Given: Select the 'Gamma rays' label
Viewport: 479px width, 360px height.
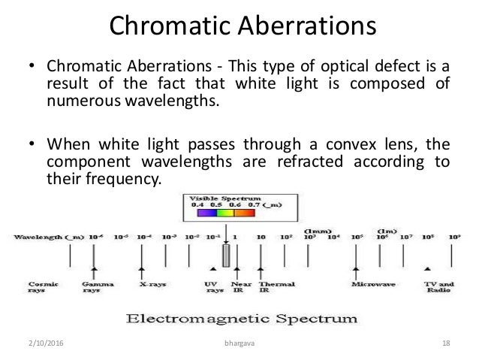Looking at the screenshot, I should point(94,289).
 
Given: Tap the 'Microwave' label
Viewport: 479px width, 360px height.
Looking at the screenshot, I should point(371,286).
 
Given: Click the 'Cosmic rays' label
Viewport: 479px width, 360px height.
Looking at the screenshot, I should point(38,289).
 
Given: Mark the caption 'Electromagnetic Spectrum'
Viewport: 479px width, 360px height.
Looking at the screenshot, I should point(240,319).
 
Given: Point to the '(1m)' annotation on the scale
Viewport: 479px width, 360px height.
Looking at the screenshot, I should point(386,229).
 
